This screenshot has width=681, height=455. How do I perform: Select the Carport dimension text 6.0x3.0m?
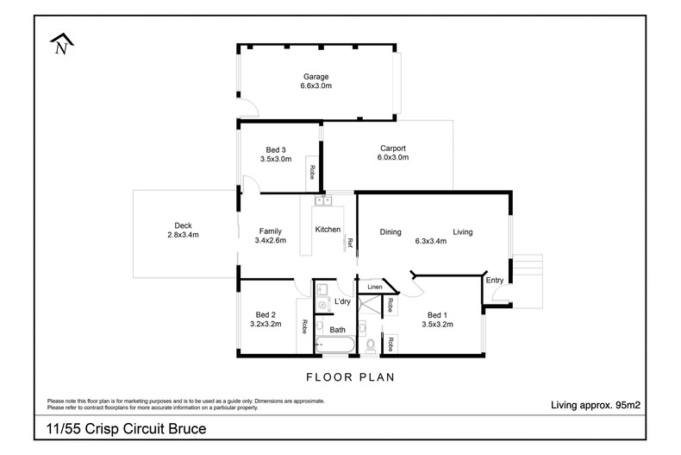392,158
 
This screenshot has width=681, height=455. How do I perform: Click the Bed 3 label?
276,149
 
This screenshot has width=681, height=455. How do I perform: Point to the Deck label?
182,224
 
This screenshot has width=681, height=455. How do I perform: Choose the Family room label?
269,231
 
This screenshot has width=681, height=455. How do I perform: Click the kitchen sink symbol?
323,201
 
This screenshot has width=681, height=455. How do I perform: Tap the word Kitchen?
328,230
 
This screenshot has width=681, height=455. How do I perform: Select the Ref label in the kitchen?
350,243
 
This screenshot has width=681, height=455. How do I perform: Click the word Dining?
391,231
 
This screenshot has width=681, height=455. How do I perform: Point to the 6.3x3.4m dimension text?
430,241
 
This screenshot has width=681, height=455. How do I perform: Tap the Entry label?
494,280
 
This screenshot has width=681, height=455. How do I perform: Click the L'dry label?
342,301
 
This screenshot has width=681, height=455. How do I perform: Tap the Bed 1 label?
437,314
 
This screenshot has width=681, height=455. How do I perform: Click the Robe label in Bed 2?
305,327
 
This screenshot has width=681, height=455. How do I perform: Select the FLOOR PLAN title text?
350,377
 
